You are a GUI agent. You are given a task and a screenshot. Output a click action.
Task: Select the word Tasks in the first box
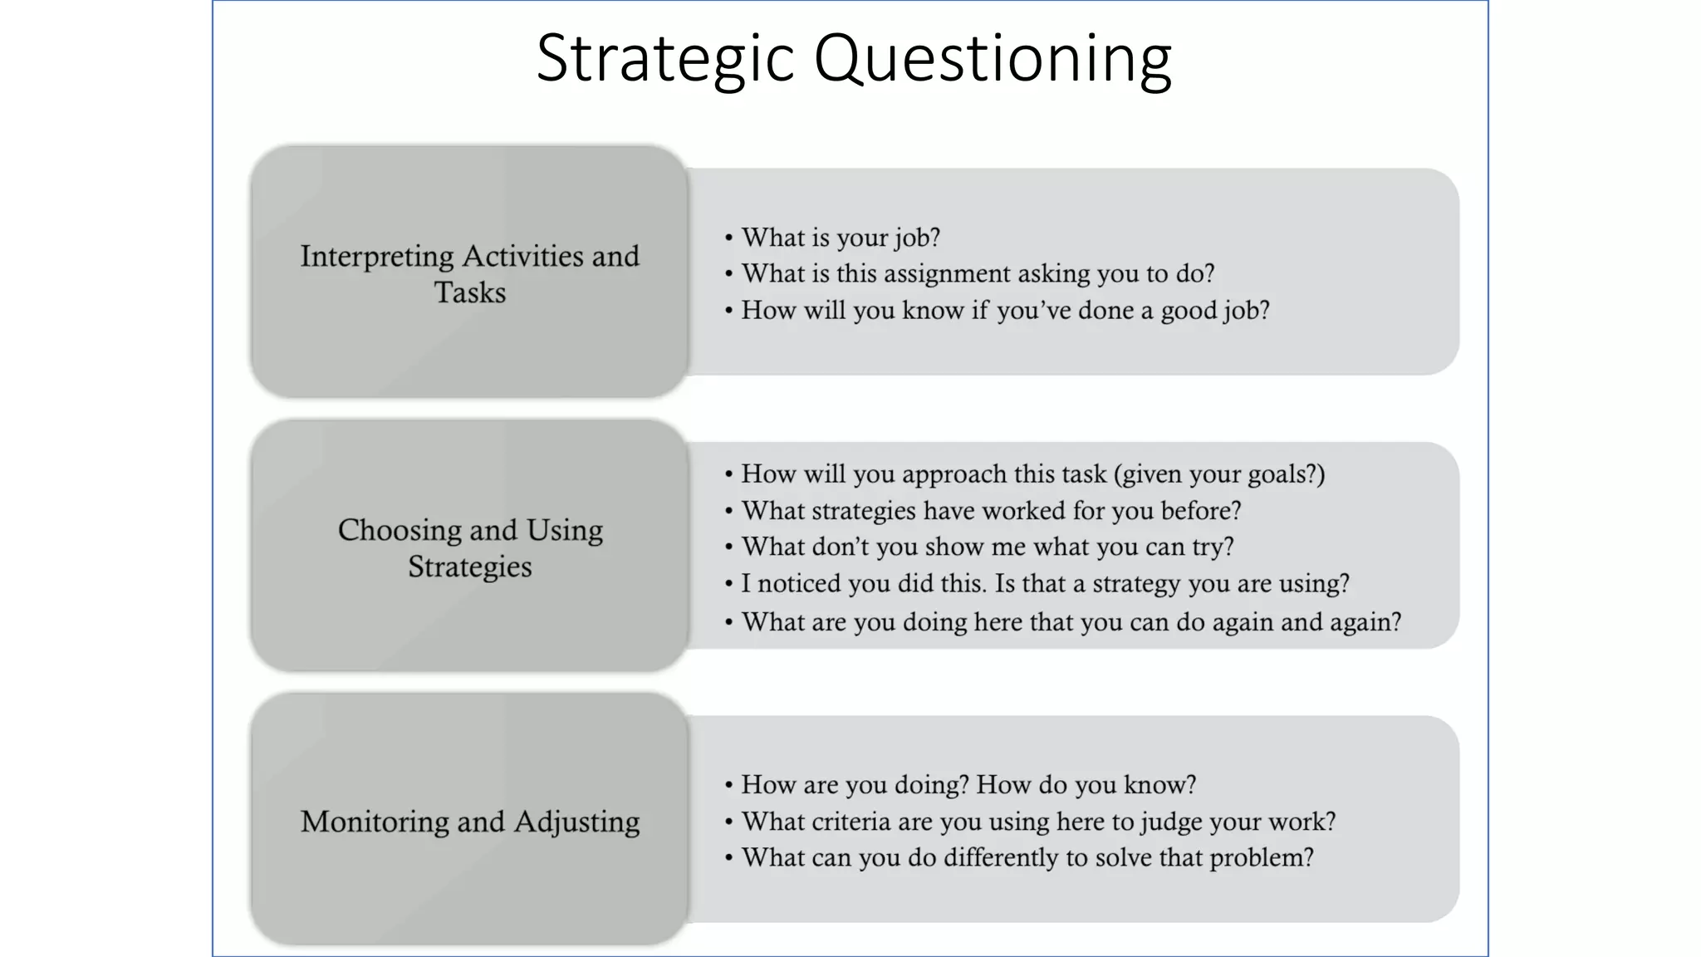click(469, 292)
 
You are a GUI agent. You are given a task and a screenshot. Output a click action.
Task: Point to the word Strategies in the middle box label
click(469, 567)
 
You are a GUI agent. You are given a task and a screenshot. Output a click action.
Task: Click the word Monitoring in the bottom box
click(374, 822)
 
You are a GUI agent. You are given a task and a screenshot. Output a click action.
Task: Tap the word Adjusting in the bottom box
click(576, 822)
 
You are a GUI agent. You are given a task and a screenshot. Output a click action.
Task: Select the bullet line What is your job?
click(840, 238)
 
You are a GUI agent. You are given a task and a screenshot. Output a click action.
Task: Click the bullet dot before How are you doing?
click(728, 785)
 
